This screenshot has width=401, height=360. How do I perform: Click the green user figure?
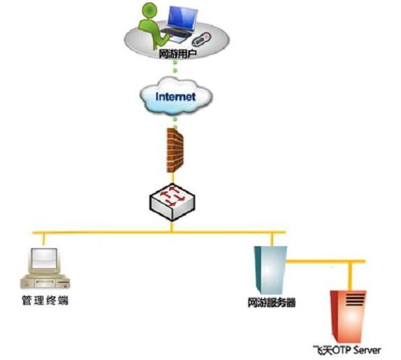pos(151,27)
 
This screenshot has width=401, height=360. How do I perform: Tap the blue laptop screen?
pos(182,18)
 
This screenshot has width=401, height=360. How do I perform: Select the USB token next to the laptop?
pos(201,39)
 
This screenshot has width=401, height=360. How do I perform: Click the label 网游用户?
pos(177,55)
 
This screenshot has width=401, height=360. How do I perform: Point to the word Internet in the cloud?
pos(175,96)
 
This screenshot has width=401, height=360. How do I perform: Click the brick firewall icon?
pos(175,150)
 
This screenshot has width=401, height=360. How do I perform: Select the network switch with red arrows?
pos(172,202)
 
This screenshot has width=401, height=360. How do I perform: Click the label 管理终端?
pos(45,301)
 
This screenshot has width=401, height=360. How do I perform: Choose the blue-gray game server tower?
pos(270,270)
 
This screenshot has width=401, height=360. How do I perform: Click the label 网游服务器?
pos(272,303)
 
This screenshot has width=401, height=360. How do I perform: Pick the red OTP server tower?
pos(349,317)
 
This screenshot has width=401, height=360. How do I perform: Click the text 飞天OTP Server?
pos(347,350)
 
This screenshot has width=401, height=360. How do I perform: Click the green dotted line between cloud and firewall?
pos(175,122)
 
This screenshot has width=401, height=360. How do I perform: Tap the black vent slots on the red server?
pos(356,300)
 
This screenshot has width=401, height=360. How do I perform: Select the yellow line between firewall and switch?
pos(173,178)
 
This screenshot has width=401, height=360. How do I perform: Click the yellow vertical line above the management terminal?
pos(44,240)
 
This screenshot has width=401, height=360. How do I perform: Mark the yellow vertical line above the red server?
pos(351,277)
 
